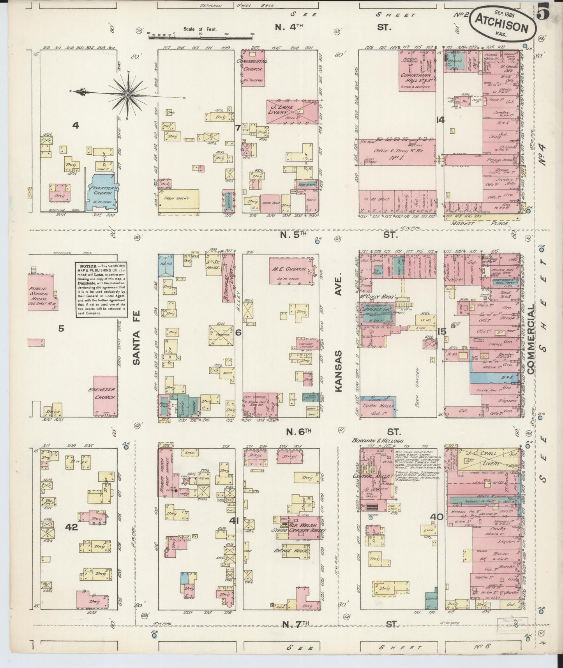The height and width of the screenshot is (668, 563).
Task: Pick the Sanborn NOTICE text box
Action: point(101,289)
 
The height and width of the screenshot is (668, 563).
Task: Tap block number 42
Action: point(72,527)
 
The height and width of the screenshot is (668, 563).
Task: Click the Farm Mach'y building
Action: point(179,201)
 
